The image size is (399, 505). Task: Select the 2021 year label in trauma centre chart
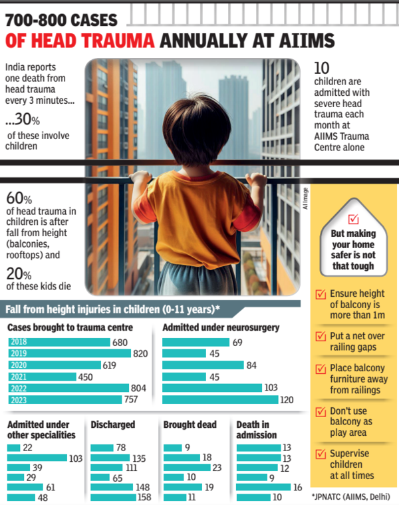pos(18,377)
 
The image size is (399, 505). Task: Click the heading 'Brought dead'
pos(190,424)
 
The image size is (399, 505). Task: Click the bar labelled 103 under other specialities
pos(37,458)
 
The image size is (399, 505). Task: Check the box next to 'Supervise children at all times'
pos(320,454)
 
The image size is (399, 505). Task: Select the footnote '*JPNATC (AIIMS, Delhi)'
pos(350,496)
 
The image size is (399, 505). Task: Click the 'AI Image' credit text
pos(305,198)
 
